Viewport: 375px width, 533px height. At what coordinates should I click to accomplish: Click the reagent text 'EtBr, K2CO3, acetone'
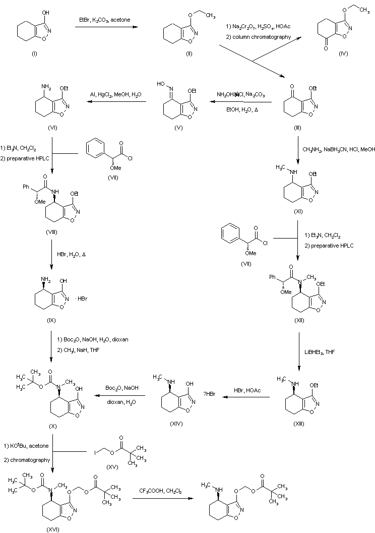click(107, 19)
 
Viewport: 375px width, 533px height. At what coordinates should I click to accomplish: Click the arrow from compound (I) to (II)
click(107, 27)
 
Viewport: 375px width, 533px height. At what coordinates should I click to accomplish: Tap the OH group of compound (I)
click(47, 9)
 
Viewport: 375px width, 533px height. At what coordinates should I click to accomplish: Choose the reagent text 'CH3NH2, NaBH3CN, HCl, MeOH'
click(339, 149)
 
